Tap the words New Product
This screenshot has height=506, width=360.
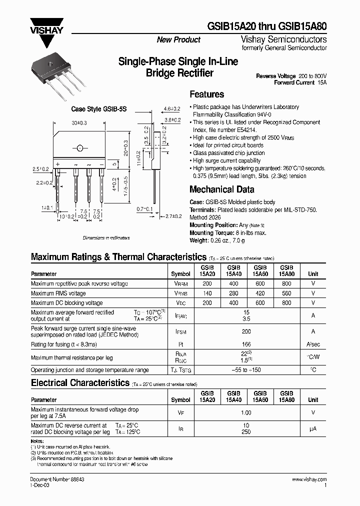click(178, 40)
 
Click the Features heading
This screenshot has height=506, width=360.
click(207, 94)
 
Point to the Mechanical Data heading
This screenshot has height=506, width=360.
click(221, 189)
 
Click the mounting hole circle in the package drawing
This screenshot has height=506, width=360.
click(79, 148)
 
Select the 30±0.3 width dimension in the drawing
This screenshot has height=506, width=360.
click(79, 122)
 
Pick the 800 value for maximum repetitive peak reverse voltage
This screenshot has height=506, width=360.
click(286, 283)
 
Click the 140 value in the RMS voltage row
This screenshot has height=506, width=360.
click(207, 293)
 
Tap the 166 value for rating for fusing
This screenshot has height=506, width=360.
click(246, 344)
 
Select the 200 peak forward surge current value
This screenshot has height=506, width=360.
click(246, 331)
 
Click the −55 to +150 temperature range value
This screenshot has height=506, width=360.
click(246, 370)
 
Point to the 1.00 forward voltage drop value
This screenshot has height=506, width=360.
click(246, 412)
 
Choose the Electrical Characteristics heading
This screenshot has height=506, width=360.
click(80, 383)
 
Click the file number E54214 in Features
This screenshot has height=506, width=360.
click(244, 129)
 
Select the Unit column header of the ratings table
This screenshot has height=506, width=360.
click(313, 274)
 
